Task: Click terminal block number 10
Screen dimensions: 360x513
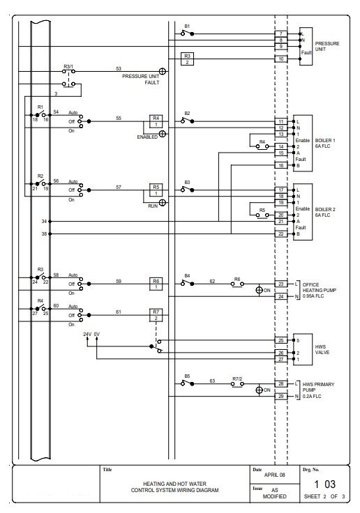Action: pos(280,59)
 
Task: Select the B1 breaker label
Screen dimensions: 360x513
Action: pos(187,26)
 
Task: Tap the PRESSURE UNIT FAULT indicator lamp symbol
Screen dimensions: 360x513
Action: pos(162,71)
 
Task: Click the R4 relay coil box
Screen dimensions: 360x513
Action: pos(156,121)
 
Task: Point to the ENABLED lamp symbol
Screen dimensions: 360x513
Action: pos(162,134)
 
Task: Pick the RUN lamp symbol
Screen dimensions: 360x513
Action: pos(162,203)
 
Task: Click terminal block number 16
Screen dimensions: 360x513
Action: pos(280,165)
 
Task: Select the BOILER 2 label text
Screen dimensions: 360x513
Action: pos(325,209)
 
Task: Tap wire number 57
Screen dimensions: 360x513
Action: pos(119,187)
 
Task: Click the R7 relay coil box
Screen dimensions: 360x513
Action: pos(156,315)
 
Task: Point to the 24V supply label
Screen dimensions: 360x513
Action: pos(87,335)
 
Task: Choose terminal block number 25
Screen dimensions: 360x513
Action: pos(280,340)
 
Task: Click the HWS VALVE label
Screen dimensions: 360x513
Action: pos(322,349)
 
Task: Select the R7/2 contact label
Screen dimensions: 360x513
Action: pos(237,379)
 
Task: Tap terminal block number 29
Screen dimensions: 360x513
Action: pos(280,397)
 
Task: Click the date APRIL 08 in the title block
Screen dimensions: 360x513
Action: pos(274,475)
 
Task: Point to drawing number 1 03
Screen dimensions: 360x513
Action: pos(325,484)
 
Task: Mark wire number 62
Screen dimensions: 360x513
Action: pos(212,281)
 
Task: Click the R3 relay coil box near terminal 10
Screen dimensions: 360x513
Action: pos(187,59)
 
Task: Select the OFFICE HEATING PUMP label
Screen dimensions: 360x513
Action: pos(320,287)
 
